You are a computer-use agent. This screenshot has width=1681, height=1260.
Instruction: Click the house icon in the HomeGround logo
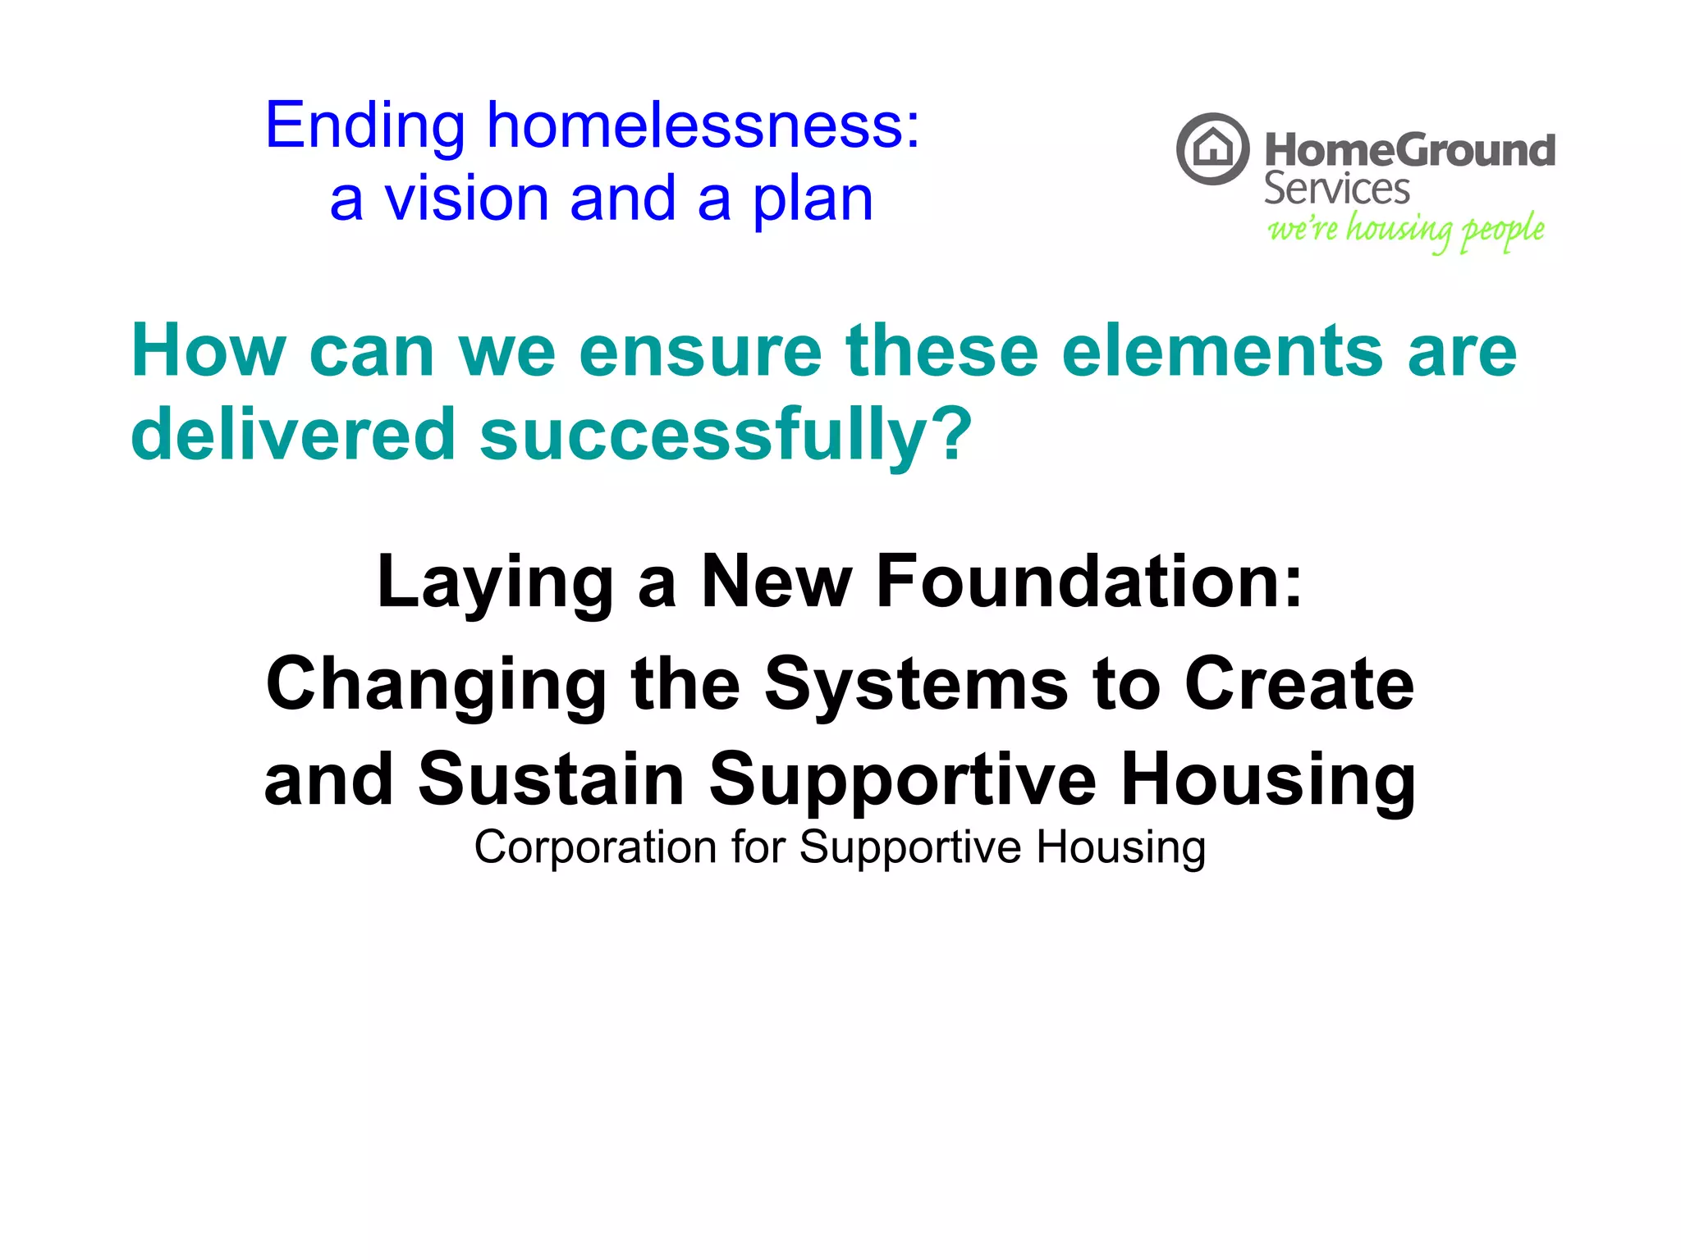[x=1212, y=149]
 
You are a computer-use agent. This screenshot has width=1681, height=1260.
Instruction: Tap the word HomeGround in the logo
[x=1409, y=151]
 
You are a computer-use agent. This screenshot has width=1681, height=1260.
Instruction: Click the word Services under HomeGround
[x=1336, y=189]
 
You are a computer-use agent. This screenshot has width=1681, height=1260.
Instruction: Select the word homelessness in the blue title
[x=703, y=126]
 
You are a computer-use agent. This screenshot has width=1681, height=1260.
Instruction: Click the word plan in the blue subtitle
[x=813, y=201]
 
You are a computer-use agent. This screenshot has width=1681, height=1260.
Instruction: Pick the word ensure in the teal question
[x=700, y=353]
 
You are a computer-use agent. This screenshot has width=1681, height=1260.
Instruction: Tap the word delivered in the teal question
[x=292, y=434]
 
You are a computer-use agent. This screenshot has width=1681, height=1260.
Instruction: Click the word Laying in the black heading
[x=495, y=583]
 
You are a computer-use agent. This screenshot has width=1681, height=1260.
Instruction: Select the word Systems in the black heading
[x=916, y=686]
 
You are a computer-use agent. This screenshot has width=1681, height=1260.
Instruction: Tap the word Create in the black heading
[x=1299, y=684]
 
